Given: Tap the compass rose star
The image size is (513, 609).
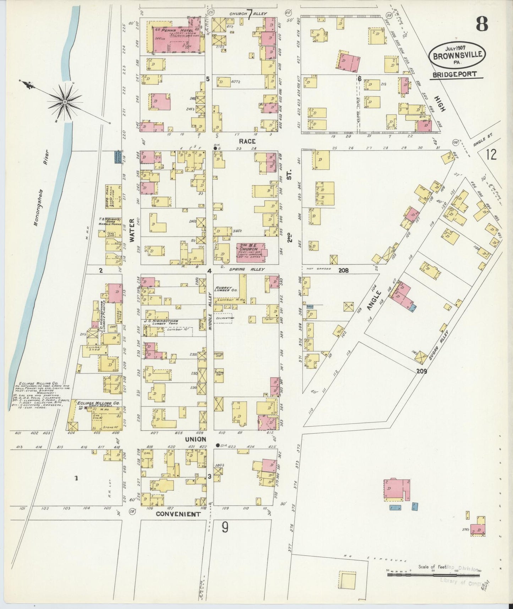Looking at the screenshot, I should click(65, 102).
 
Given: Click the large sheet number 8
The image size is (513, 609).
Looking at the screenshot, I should click(482, 25).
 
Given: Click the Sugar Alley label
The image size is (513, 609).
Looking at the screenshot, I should click(438, 345).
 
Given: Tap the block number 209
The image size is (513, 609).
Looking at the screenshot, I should click(421, 372).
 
